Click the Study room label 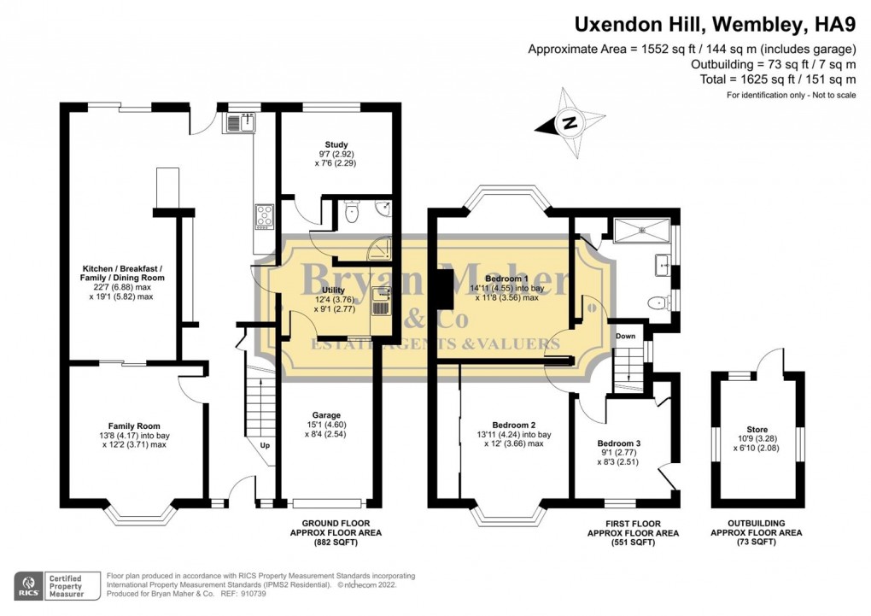pyautogui.click(x=336, y=144)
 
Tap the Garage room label pyautogui.click(x=326, y=415)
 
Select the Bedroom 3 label pyautogui.click(x=619, y=443)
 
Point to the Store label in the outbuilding pyautogui.click(x=757, y=429)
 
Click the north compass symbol pyautogui.click(x=570, y=123)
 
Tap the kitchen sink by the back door pyautogui.click(x=241, y=122)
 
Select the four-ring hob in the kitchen pyautogui.click(x=265, y=217)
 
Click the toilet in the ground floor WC pyautogui.click(x=351, y=212)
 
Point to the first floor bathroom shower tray pyautogui.click(x=642, y=230)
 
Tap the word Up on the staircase pyautogui.click(x=265, y=445)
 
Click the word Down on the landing pyautogui.click(x=625, y=336)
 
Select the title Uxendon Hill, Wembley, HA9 pyautogui.click(x=715, y=25)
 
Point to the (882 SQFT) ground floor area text pyautogui.click(x=336, y=542)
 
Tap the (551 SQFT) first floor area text pyautogui.click(x=634, y=542)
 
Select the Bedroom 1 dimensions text pyautogui.click(x=506, y=293)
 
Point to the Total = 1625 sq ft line pyautogui.click(x=778, y=79)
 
